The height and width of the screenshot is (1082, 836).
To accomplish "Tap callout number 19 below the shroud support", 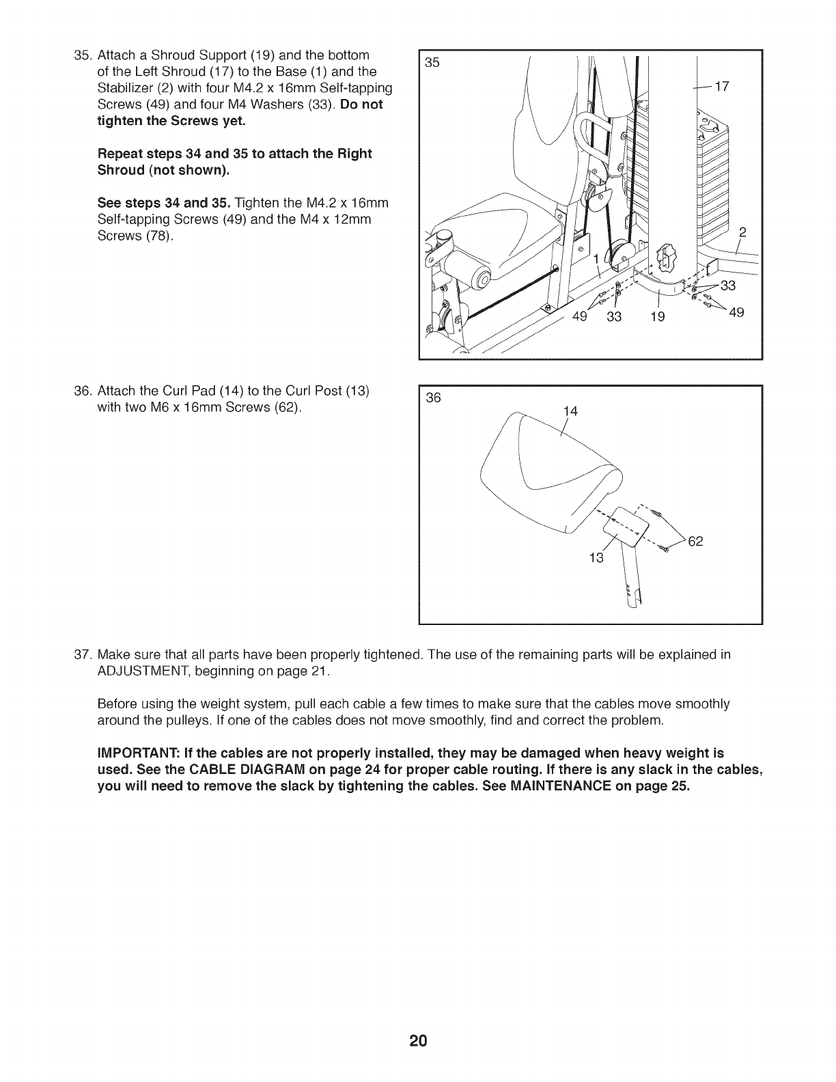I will coord(658,316).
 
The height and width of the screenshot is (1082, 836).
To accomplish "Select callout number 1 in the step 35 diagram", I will coord(596,259).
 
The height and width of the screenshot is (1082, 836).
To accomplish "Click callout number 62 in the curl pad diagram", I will coord(695,542).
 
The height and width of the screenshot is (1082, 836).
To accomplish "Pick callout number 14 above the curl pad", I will coord(570,411).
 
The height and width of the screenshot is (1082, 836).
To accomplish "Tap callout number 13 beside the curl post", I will coord(596,558).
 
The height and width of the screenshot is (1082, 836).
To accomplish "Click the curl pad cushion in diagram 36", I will coord(546,471).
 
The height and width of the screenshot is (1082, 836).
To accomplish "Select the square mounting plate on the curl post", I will coord(626,526).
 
